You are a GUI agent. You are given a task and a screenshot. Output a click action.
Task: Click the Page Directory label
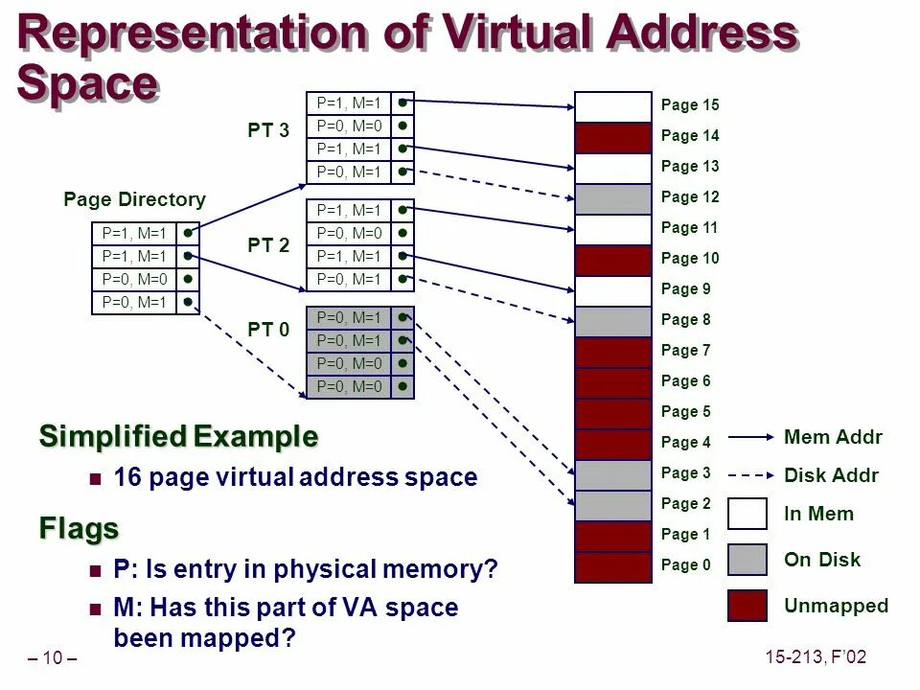pos(134,199)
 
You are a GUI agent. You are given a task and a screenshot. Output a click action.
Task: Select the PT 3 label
pos(268,131)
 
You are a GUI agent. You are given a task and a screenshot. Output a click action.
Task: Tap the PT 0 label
pos(268,331)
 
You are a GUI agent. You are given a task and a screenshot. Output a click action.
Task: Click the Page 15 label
pos(690,105)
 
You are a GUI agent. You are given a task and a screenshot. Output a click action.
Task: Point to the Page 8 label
pos(686,320)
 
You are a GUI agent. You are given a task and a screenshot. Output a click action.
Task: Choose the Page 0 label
pos(686,565)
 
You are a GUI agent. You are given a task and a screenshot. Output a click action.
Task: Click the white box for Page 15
pos(613,106)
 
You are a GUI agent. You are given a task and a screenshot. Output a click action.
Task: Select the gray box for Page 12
pos(613,198)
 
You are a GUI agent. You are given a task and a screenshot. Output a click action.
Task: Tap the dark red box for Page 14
pos(613,137)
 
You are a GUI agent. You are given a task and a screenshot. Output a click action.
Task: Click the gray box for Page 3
pos(613,474)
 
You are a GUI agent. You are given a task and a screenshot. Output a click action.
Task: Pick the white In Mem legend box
pos(747,514)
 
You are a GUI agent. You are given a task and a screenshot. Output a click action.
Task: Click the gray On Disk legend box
pos(747,560)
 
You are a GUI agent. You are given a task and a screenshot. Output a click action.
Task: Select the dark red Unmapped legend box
pos(747,606)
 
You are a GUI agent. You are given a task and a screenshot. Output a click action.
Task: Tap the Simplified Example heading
pos(178,437)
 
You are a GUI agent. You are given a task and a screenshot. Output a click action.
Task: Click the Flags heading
pos(79,528)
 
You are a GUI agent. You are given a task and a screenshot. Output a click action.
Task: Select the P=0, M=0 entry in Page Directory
pos(134,279)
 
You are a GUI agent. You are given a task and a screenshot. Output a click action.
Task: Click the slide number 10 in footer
pos(52,658)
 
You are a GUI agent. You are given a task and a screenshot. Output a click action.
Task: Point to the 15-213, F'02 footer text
pos(816,657)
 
